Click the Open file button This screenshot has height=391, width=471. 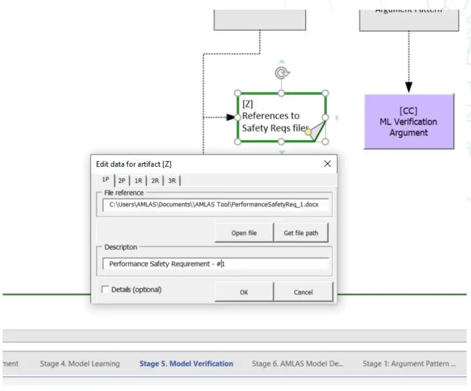pyautogui.click(x=244, y=233)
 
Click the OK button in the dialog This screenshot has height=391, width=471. pyautogui.click(x=244, y=292)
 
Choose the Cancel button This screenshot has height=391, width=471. pyautogui.click(x=303, y=292)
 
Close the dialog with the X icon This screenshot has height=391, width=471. pyautogui.click(x=327, y=164)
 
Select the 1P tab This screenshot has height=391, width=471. pyautogui.click(x=106, y=180)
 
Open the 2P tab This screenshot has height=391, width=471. pyautogui.click(x=122, y=181)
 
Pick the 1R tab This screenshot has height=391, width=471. pyautogui.click(x=139, y=181)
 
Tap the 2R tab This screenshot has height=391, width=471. pyautogui.click(x=155, y=181)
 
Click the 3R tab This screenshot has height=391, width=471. pyautogui.click(x=172, y=181)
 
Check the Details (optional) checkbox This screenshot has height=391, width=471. pyautogui.click(x=105, y=290)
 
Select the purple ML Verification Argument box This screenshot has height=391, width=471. pyautogui.click(x=409, y=122)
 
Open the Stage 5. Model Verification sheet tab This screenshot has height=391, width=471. pyautogui.click(x=186, y=363)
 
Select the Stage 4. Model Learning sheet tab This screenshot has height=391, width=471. pyautogui.click(x=80, y=363)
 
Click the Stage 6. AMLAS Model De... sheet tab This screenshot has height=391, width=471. pyautogui.click(x=297, y=363)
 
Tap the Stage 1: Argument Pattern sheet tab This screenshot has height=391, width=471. pyautogui.click(x=409, y=363)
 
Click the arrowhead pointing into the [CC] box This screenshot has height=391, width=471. pyautogui.click(x=409, y=87)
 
